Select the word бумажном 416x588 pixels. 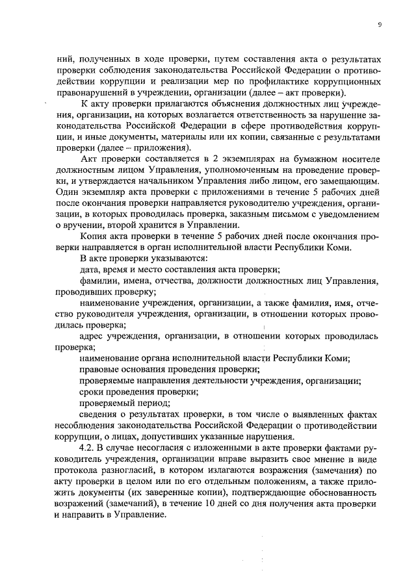click(307, 159)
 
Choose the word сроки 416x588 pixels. click(92, 392)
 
